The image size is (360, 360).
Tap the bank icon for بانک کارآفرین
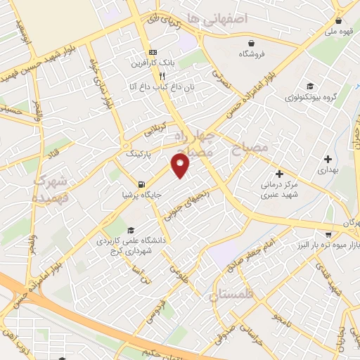pyautogui.click(x=153, y=53)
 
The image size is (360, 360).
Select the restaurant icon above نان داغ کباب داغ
pyautogui.click(x=162, y=76)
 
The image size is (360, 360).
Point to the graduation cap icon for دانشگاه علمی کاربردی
pyautogui.click(x=130, y=230)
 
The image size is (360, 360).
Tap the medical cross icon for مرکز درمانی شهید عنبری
pyautogui.click(x=279, y=174)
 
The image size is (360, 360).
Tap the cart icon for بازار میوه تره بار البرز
pyautogui.click(x=328, y=234)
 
